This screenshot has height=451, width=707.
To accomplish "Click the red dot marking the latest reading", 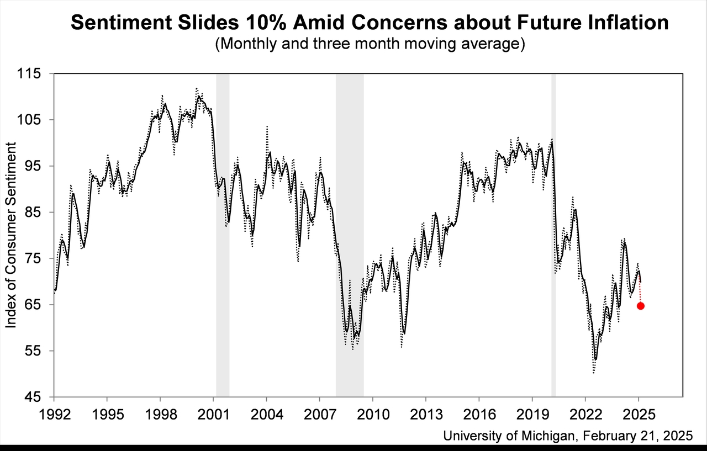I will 640,306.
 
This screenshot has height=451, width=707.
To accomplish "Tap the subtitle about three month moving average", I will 370,44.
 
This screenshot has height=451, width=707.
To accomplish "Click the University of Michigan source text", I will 567,436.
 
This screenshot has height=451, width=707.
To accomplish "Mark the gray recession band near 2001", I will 223,235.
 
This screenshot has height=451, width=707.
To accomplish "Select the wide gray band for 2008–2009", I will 350,235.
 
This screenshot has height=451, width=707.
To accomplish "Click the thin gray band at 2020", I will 553,235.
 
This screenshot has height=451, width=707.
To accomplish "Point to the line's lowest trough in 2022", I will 595,360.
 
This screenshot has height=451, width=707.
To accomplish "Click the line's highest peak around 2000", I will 198,96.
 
